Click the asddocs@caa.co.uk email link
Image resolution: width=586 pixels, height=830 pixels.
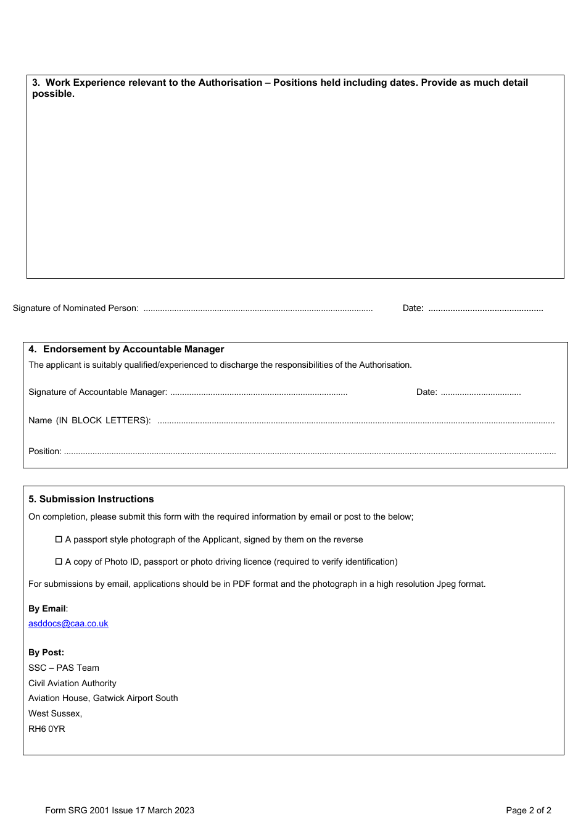point(68,623)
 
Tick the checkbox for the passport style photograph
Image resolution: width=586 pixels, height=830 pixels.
point(59,539)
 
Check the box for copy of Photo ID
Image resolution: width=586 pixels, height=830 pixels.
point(59,562)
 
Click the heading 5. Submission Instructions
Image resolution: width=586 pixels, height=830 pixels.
point(91,499)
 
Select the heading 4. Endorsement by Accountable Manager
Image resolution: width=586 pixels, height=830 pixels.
point(126,349)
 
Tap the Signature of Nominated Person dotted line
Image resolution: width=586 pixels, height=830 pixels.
point(258,309)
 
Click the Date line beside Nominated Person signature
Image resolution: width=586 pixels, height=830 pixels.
point(485,309)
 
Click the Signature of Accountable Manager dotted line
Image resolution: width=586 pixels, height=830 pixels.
point(258,392)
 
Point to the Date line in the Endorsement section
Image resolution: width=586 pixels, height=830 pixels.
point(481,392)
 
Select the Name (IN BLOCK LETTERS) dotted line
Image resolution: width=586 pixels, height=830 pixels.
point(356,421)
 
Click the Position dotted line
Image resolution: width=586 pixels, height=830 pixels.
point(310,452)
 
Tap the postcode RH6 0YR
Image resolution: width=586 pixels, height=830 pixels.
point(47,729)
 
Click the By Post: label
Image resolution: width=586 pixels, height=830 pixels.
point(46,652)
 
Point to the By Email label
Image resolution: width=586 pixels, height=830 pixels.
point(47,608)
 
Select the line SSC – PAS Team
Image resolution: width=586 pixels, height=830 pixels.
point(64,668)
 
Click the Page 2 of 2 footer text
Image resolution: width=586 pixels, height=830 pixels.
point(528,810)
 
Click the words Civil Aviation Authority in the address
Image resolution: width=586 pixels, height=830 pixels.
point(72,683)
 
